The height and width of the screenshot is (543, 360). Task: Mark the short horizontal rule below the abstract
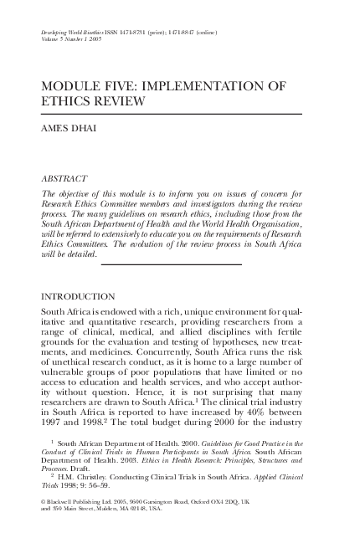pyautogui.click(x=171, y=264)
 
